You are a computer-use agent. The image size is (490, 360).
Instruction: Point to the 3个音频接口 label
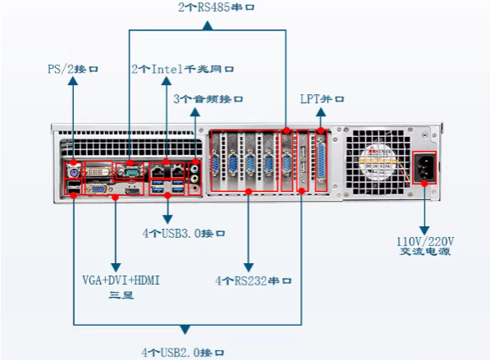tap(208, 99)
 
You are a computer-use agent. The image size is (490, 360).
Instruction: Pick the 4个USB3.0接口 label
tap(182, 233)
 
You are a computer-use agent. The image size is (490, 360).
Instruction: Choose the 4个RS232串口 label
tap(254, 280)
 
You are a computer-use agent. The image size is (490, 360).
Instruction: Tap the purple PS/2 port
tap(72, 173)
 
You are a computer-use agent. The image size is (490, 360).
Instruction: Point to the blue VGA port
tap(97, 189)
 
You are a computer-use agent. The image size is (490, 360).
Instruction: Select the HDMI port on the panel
tap(130, 189)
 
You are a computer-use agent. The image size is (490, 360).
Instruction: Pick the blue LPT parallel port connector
tap(321, 165)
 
